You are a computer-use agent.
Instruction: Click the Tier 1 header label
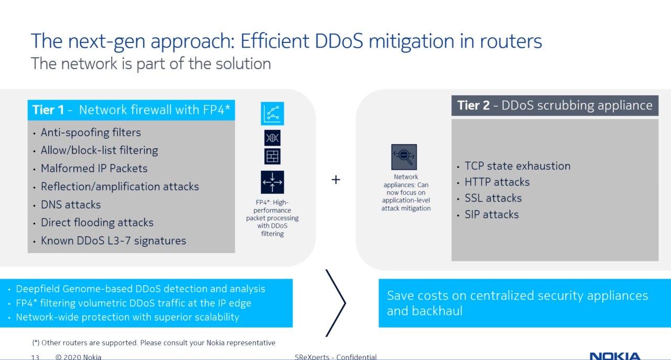pos(131,110)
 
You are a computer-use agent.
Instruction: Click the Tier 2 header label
pos(555,105)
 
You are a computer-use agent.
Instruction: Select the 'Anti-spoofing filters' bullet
pos(91,133)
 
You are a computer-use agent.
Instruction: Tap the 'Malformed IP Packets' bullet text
pos(94,168)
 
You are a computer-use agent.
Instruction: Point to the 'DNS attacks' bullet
pos(71,204)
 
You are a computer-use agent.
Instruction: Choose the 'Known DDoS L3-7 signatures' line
pos(113,241)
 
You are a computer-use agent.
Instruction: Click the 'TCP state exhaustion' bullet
pos(517,166)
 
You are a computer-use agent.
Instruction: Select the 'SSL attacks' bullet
pos(493,198)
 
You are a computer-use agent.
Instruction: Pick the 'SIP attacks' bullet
pos(492,214)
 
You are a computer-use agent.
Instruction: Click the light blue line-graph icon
pos(272,114)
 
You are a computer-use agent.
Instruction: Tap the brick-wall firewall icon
pos(272,156)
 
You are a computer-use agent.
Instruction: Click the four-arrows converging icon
pos(272,182)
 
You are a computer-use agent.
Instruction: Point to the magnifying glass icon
pos(404,157)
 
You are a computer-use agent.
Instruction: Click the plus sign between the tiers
pos(336,180)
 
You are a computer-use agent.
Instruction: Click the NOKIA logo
pos(615,356)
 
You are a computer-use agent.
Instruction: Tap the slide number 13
pos(35,357)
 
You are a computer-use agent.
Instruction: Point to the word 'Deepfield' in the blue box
pos(38,289)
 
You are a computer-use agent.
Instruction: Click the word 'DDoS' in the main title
pos(339,41)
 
